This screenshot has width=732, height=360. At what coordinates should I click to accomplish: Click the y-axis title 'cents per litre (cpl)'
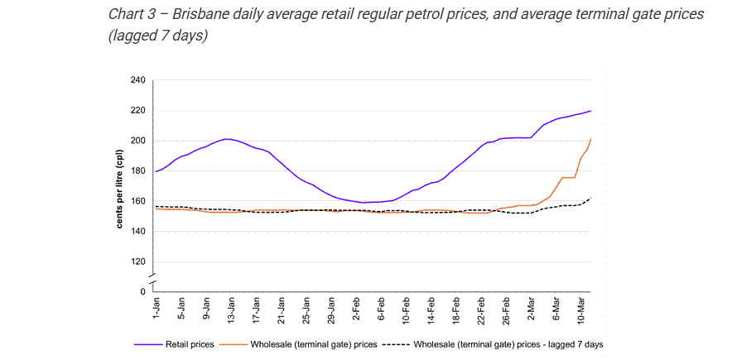pyautogui.click(x=120, y=186)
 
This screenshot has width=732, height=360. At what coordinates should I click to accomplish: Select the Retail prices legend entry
pyautogui.click(x=175, y=345)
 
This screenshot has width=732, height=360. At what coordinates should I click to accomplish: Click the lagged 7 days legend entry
pyautogui.click(x=493, y=345)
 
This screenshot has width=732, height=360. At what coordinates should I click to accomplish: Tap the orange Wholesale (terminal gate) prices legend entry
pyautogui.click(x=300, y=345)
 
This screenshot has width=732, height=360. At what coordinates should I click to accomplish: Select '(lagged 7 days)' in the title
pyautogui.click(x=158, y=36)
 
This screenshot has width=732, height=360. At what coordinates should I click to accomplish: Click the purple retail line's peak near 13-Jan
pyautogui.click(x=226, y=139)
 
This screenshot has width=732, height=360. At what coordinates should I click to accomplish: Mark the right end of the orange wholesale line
pyautogui.click(x=591, y=138)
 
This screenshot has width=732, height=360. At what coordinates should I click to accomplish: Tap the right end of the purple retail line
pyautogui.click(x=591, y=111)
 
